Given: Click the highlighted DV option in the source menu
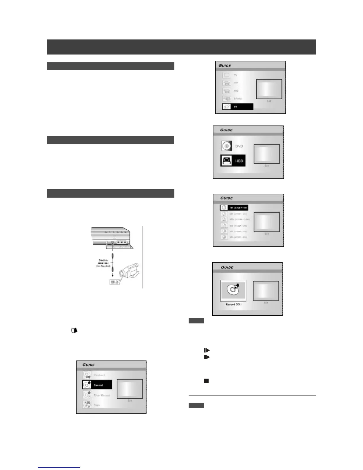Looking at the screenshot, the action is tap(238, 107).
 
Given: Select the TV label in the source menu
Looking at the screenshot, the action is tap(235, 75).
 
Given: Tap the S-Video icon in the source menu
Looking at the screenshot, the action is tap(227, 99).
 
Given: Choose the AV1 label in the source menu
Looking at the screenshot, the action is tap(236, 83).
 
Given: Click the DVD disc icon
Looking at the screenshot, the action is tap(226, 146).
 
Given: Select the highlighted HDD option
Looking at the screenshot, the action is tap(233, 161).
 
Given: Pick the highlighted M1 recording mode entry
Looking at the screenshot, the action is tap(234, 208).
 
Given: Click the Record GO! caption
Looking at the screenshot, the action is tap(233, 305).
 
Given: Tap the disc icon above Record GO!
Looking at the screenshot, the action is tap(233, 290).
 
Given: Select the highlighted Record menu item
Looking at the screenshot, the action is tap(97, 385).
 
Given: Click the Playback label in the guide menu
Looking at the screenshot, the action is tap(99, 375).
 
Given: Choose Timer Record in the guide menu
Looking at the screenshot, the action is tap(101, 395).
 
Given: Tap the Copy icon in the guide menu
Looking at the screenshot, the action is tap(87, 405).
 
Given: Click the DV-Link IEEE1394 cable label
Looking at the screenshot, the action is tap(103, 263).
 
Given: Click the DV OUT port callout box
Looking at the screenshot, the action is tap(114, 282).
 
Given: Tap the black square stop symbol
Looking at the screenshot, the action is tap(206, 381).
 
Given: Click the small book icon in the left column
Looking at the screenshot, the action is tap(74, 330).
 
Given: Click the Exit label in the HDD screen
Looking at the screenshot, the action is tap(267, 166).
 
